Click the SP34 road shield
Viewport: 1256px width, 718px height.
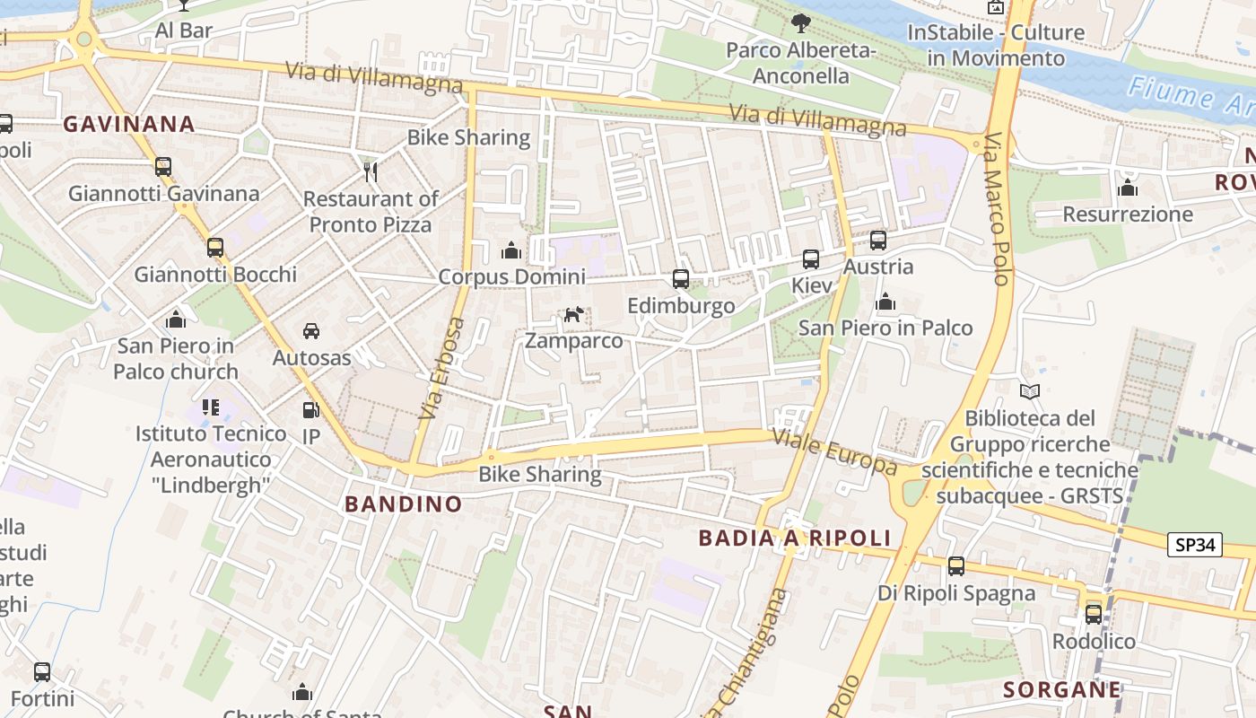[x=1195, y=544]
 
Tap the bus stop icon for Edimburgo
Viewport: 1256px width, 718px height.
[x=681, y=279]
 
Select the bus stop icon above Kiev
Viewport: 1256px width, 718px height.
[x=811, y=259]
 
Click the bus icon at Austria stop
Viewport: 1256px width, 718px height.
[x=878, y=241]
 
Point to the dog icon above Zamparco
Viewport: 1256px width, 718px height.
[x=573, y=314]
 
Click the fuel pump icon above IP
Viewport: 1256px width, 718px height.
[x=310, y=410]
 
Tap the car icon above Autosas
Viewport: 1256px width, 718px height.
[x=311, y=331]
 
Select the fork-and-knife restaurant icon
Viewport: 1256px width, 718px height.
[x=370, y=171]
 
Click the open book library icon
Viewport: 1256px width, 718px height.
[x=1030, y=391]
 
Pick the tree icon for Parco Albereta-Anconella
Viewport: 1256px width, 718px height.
[x=800, y=23]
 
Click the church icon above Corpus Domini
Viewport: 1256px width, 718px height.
[x=511, y=250]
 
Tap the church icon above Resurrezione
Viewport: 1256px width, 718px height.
[x=1128, y=188]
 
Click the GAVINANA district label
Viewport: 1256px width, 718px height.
[x=129, y=124]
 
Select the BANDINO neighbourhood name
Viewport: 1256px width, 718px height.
[x=404, y=503]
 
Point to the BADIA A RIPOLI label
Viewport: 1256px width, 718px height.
[x=795, y=538]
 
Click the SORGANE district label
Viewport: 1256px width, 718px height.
[x=1062, y=689]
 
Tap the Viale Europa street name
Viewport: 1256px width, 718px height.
[x=834, y=452]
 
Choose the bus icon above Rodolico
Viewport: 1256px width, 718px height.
[x=1094, y=615]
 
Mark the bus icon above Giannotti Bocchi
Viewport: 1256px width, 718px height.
[x=215, y=248]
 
